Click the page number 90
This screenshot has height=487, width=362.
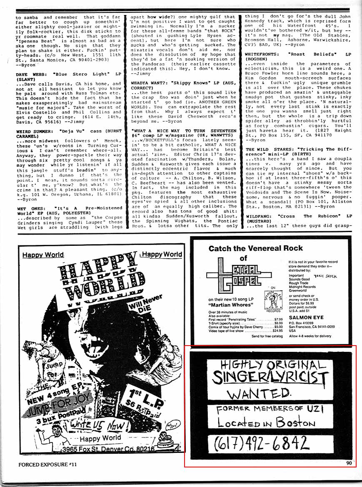[x=349, y=465]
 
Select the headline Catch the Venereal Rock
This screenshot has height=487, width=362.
[x=256, y=248]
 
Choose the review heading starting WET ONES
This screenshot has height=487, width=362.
[x=68, y=210]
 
